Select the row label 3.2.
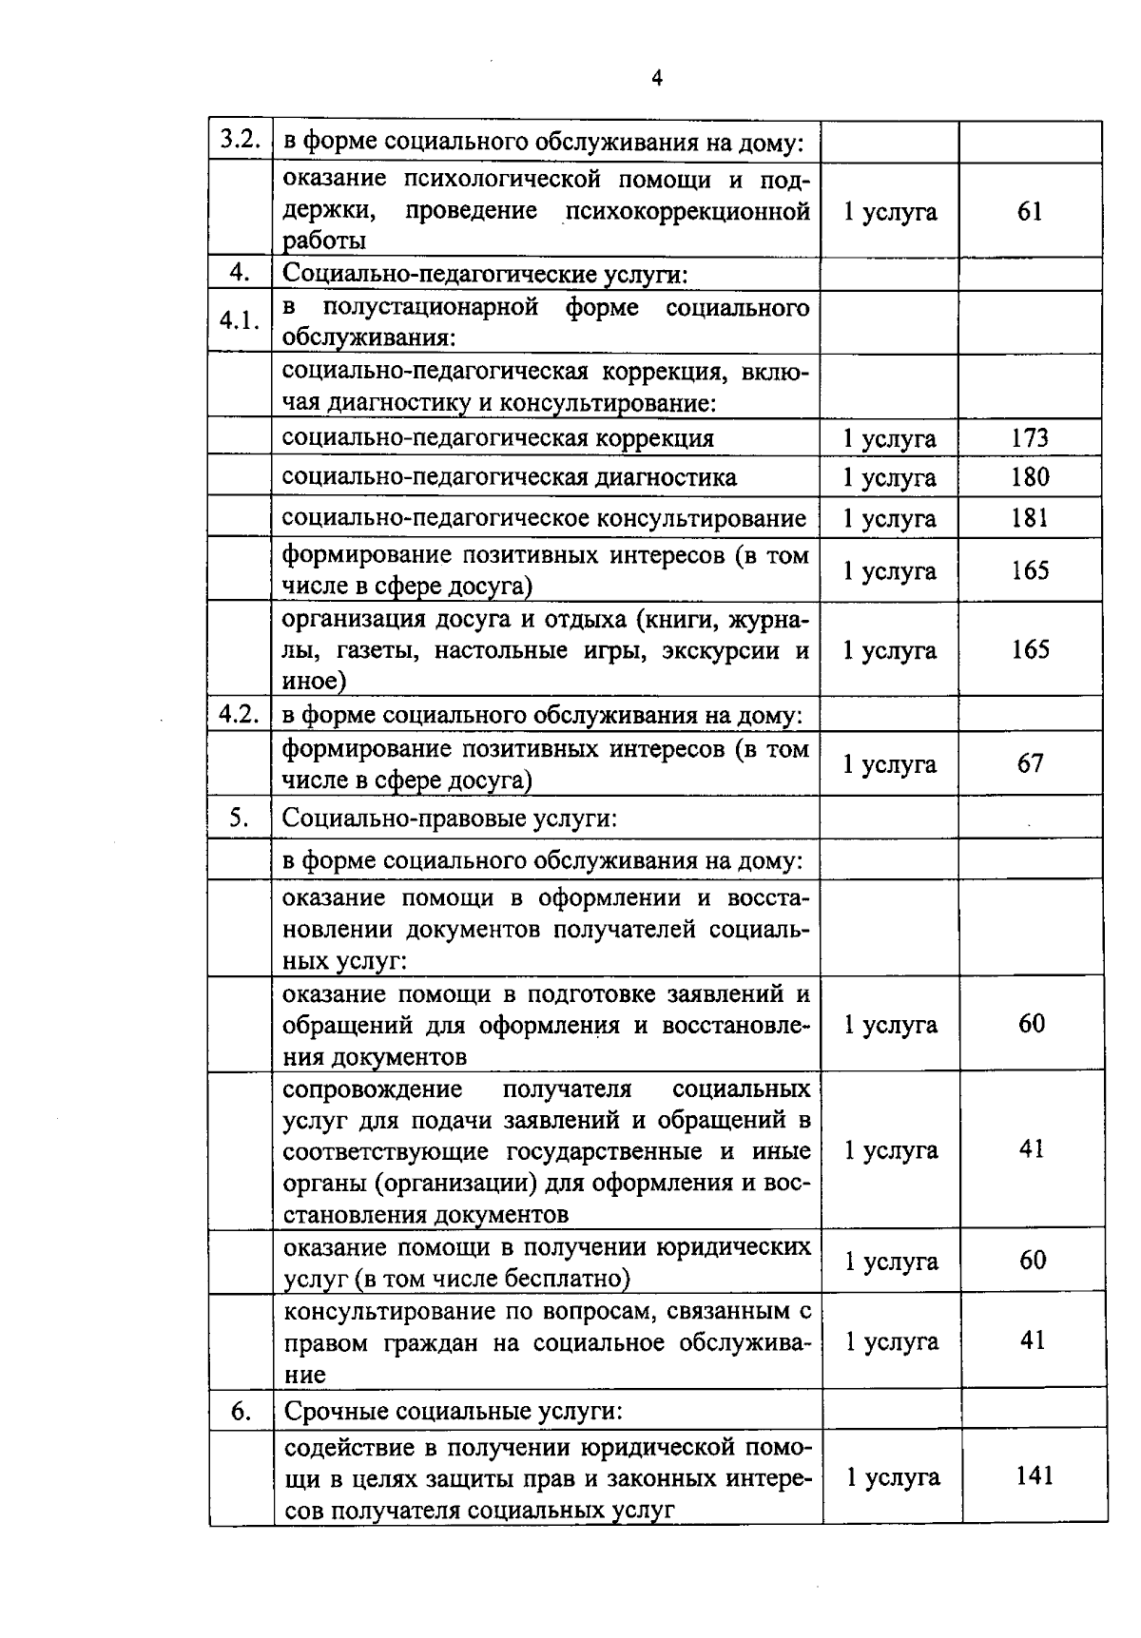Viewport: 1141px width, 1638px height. pyautogui.click(x=241, y=140)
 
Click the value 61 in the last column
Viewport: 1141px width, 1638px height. pyautogui.click(x=1030, y=211)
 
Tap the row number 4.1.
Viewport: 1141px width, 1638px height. pyautogui.click(x=241, y=320)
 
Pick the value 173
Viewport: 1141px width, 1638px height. pyautogui.click(x=1030, y=438)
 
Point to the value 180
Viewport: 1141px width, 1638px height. pyautogui.click(x=1030, y=477)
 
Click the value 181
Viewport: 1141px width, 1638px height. pyautogui.click(x=1030, y=518)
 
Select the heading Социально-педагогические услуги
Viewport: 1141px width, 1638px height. pyautogui.click(x=485, y=275)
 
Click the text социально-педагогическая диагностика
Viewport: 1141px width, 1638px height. pyautogui.click(x=510, y=477)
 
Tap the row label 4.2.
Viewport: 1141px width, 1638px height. pyautogui.click(x=241, y=715)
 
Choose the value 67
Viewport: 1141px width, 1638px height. pyautogui.click(x=1030, y=763)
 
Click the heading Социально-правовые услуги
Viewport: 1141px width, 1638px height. pyautogui.click(x=450, y=819)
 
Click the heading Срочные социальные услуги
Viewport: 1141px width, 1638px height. pyautogui.click(x=454, y=1412)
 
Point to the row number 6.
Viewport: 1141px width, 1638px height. pyautogui.click(x=241, y=1413)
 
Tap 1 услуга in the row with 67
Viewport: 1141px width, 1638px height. pyautogui.click(x=890, y=764)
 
